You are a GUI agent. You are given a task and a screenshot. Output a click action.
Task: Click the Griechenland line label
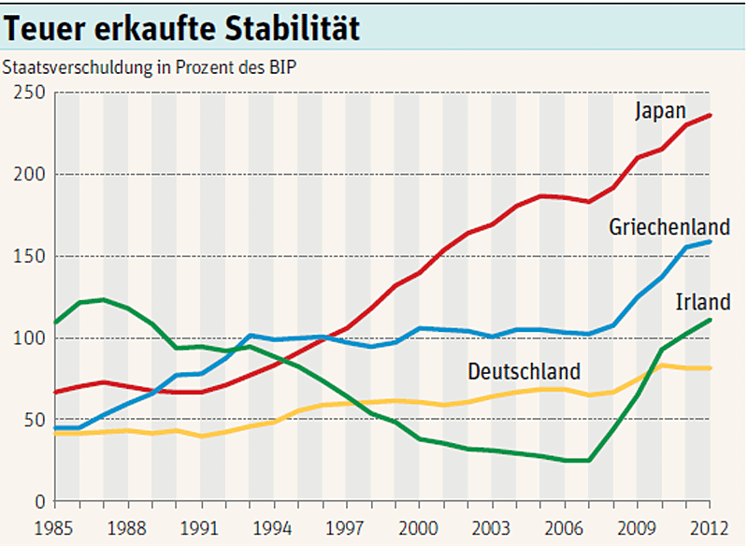(x=669, y=227)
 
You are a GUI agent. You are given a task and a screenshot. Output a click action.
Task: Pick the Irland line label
(x=702, y=302)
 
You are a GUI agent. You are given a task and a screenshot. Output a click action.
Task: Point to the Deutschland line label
(x=524, y=371)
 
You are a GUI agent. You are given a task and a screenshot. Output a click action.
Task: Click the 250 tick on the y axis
(x=28, y=93)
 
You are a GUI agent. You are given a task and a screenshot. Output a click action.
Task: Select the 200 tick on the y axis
(x=28, y=175)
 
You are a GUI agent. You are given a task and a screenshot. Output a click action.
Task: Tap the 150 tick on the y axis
(x=28, y=256)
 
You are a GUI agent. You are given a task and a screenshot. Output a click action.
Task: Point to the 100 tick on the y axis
(x=28, y=338)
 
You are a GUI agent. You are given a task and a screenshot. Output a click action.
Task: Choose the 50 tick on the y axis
(x=33, y=420)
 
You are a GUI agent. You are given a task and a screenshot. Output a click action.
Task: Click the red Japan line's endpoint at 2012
(x=711, y=115)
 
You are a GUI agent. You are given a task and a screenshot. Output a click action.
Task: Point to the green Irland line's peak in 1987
(x=104, y=300)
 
